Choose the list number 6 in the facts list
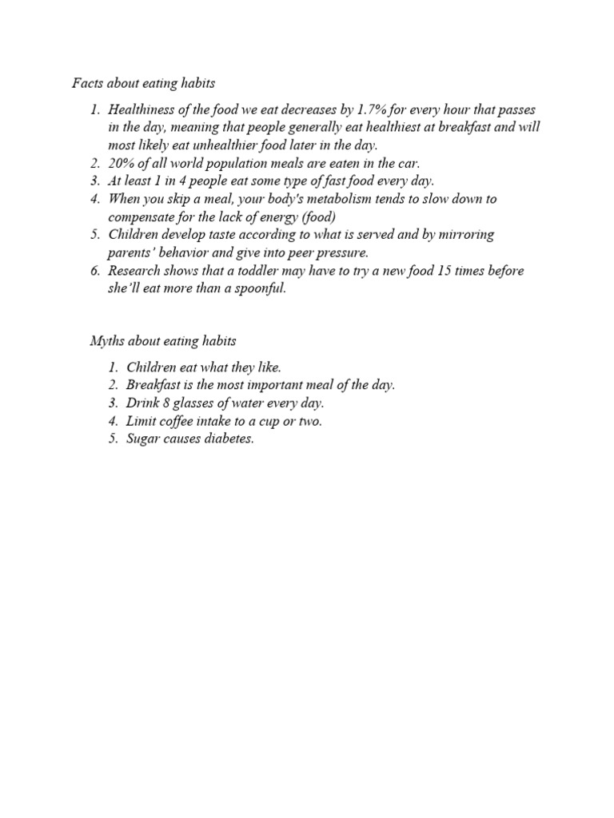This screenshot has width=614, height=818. pos(94,270)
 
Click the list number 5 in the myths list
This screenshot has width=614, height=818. pos(113,439)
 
